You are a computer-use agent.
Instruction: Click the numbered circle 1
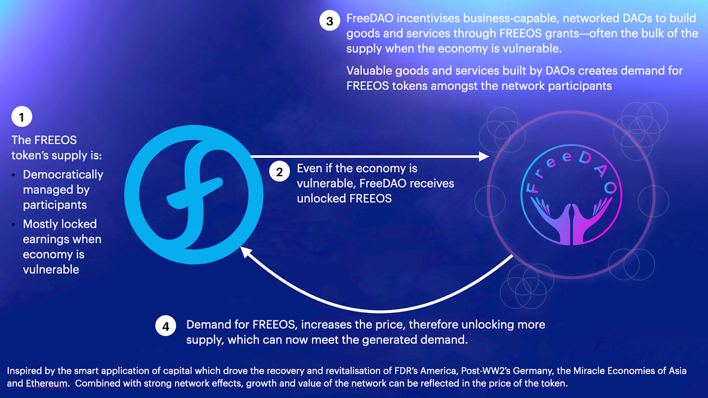[22, 117]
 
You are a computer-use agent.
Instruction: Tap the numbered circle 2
[279, 172]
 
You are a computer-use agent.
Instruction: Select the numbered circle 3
[330, 21]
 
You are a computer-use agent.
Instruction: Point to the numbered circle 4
[165, 326]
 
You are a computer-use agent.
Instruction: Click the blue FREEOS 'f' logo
[194, 195]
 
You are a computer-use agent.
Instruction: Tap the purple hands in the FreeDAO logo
[571, 221]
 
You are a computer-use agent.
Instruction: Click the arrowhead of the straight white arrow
[484, 156]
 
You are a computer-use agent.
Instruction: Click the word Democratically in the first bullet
[63, 175]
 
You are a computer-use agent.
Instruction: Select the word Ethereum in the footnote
[46, 383]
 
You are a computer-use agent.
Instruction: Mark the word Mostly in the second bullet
[40, 224]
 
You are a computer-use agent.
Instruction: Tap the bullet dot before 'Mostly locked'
[14, 225]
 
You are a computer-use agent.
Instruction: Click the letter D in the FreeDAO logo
[585, 157]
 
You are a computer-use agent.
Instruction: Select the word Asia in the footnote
[677, 371]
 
